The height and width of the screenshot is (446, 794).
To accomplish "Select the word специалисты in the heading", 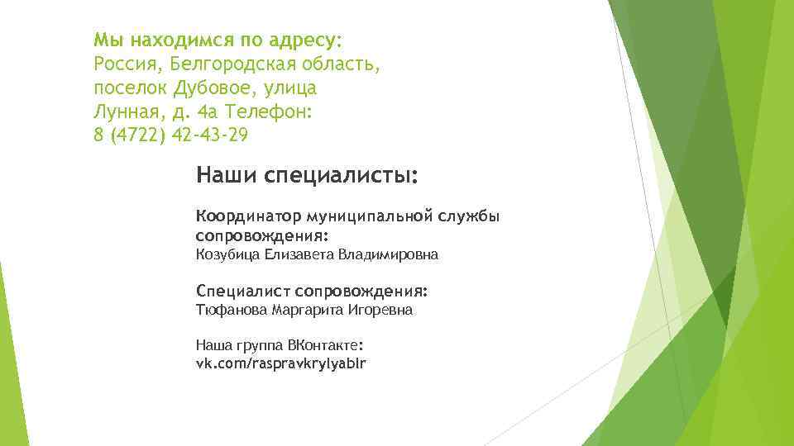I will point(341,176).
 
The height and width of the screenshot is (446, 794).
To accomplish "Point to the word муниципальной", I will point(370,216).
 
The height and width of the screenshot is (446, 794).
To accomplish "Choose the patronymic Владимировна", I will point(389,255).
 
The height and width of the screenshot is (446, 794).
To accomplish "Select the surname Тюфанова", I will point(228,311).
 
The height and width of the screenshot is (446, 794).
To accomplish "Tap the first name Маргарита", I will point(304,311).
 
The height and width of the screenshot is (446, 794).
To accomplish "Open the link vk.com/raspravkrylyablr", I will point(281,363).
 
